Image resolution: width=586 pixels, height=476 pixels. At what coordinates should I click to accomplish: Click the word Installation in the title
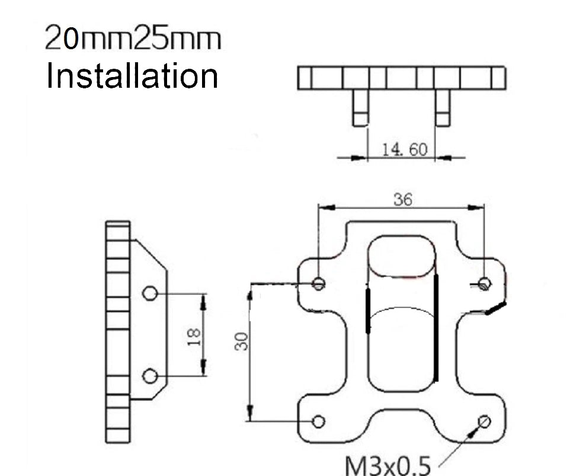(132, 76)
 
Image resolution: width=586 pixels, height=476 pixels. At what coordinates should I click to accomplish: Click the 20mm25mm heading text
(133, 38)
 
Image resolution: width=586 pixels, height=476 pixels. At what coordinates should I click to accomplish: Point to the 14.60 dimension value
(404, 149)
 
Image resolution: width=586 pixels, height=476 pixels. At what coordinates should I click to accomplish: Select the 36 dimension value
(403, 199)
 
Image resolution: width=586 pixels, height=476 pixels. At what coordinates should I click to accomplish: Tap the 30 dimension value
(242, 341)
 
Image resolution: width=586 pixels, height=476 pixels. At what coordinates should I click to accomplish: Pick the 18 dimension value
(194, 337)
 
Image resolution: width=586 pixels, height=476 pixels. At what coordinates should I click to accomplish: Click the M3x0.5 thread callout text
(388, 465)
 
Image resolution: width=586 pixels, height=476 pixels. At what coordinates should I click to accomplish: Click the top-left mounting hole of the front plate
(318, 283)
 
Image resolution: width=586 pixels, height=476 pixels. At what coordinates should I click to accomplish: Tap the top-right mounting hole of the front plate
(485, 284)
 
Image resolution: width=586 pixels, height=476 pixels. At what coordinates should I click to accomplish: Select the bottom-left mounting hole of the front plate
(318, 422)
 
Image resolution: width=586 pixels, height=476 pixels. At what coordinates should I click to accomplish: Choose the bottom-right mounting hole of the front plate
(484, 422)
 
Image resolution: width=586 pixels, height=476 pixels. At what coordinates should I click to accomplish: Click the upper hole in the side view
(150, 293)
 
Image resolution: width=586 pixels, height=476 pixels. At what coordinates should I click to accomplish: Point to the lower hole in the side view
(150, 376)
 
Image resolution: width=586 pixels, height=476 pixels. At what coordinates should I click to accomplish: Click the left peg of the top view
(361, 108)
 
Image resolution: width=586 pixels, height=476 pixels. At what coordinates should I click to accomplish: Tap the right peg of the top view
(443, 108)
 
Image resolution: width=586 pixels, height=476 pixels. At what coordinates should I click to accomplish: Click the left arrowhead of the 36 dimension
(326, 207)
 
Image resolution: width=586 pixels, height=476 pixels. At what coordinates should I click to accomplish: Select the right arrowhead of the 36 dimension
(476, 207)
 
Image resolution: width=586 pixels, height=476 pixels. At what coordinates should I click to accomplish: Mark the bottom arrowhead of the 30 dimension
(250, 413)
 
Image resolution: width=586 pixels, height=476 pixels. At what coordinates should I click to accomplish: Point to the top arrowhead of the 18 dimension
(203, 302)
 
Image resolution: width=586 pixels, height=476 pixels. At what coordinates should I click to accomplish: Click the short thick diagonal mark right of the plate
(496, 308)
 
